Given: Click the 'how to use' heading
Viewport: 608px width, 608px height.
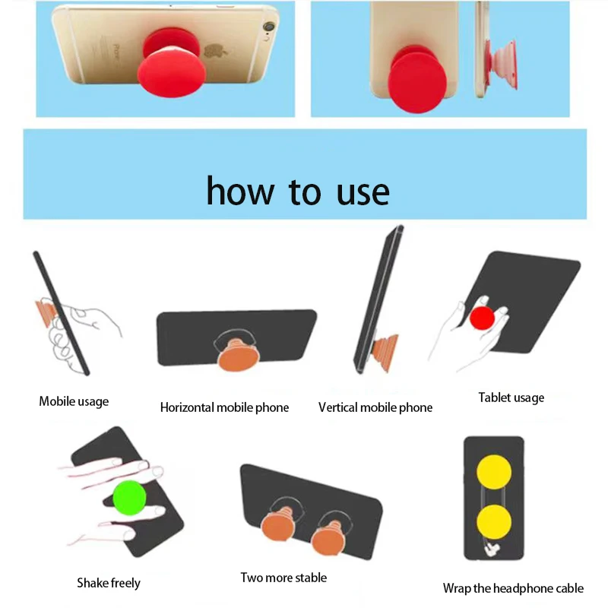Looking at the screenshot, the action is (298, 191).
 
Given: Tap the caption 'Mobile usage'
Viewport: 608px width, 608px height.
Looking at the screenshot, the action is (74, 401).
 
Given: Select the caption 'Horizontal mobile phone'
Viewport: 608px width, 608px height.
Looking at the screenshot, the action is (224, 407).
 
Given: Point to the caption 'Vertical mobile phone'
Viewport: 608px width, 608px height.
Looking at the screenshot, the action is (375, 407).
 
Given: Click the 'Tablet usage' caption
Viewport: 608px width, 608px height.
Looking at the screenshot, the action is (511, 397).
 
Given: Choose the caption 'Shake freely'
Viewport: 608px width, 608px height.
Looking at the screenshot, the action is (109, 583).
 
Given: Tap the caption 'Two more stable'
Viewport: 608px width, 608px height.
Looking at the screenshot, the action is (283, 578).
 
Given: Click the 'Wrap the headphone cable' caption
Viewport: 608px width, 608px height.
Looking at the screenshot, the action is (513, 588).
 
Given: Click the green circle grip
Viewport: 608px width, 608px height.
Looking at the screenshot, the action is (129, 498).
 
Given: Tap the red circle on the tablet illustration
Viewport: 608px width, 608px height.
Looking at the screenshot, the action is (482, 318).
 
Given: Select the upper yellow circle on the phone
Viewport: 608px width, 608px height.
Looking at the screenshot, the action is (494, 472).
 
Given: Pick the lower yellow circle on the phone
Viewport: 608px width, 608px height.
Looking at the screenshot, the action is (494, 522).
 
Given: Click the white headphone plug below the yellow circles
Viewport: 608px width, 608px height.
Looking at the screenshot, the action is (492, 549).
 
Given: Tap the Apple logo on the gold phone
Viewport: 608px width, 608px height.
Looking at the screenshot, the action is (213, 52).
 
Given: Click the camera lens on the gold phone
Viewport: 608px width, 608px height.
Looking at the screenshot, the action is (268, 27).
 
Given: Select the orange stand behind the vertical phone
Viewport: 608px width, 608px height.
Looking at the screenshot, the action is (386, 351).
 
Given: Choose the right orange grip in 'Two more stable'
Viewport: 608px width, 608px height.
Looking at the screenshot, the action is (329, 538).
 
